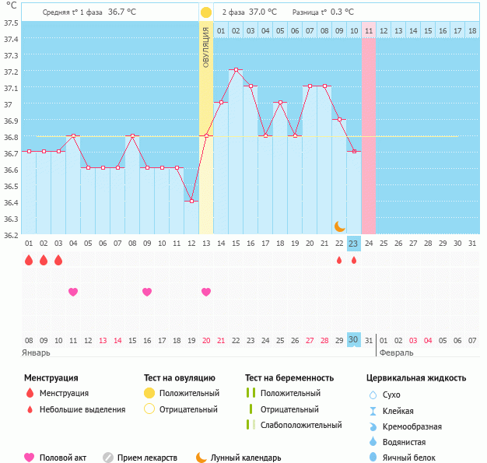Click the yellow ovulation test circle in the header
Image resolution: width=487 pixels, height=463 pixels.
point(205,12)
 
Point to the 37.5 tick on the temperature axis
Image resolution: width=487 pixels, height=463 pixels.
point(11,23)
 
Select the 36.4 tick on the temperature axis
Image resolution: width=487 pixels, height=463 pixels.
point(11,202)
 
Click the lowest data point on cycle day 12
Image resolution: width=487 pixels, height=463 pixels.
point(191,201)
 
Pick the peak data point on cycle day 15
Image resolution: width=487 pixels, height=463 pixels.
point(236,70)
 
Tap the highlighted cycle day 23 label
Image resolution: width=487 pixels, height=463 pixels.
point(353,244)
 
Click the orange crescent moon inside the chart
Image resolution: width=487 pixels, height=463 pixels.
point(340,226)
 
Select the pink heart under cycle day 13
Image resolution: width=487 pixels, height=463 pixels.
point(206,292)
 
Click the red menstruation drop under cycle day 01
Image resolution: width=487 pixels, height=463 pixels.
point(29,260)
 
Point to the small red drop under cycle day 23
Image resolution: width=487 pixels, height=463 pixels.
point(354,260)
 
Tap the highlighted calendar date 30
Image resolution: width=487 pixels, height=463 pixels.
point(353,340)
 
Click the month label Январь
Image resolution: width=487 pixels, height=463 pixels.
point(37,353)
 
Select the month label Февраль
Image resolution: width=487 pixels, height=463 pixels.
point(397,353)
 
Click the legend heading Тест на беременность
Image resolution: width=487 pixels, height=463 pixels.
point(289,377)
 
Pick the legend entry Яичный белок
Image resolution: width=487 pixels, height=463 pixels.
point(415,458)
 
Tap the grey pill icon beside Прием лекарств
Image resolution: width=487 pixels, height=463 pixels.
point(108,458)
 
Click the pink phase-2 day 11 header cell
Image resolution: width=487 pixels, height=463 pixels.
point(369,30)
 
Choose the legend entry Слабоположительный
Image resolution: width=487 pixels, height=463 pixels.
point(301,425)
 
